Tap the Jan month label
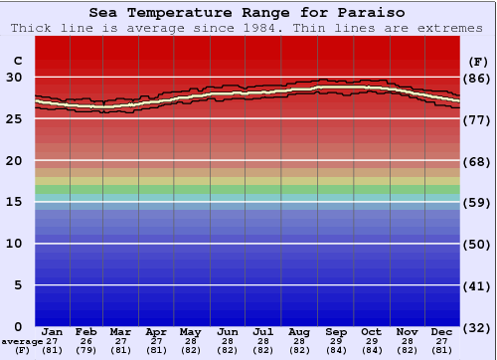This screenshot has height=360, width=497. click(x=53, y=331)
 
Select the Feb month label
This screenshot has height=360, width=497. click(x=87, y=331)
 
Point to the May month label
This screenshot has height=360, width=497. click(x=190, y=331)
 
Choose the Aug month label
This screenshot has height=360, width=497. click(x=299, y=331)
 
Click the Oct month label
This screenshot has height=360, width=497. click(x=371, y=331)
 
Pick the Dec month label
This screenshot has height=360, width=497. click(x=442, y=331)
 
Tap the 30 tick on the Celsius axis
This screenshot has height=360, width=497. click(x=16, y=78)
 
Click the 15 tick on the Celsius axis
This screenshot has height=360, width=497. click(x=16, y=202)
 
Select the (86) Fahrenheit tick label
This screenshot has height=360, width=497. click(x=477, y=78)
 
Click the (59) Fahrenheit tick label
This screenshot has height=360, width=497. click(x=477, y=202)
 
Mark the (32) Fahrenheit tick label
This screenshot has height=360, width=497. click(x=477, y=327)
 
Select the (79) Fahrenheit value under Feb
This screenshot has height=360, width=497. click(x=87, y=350)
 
